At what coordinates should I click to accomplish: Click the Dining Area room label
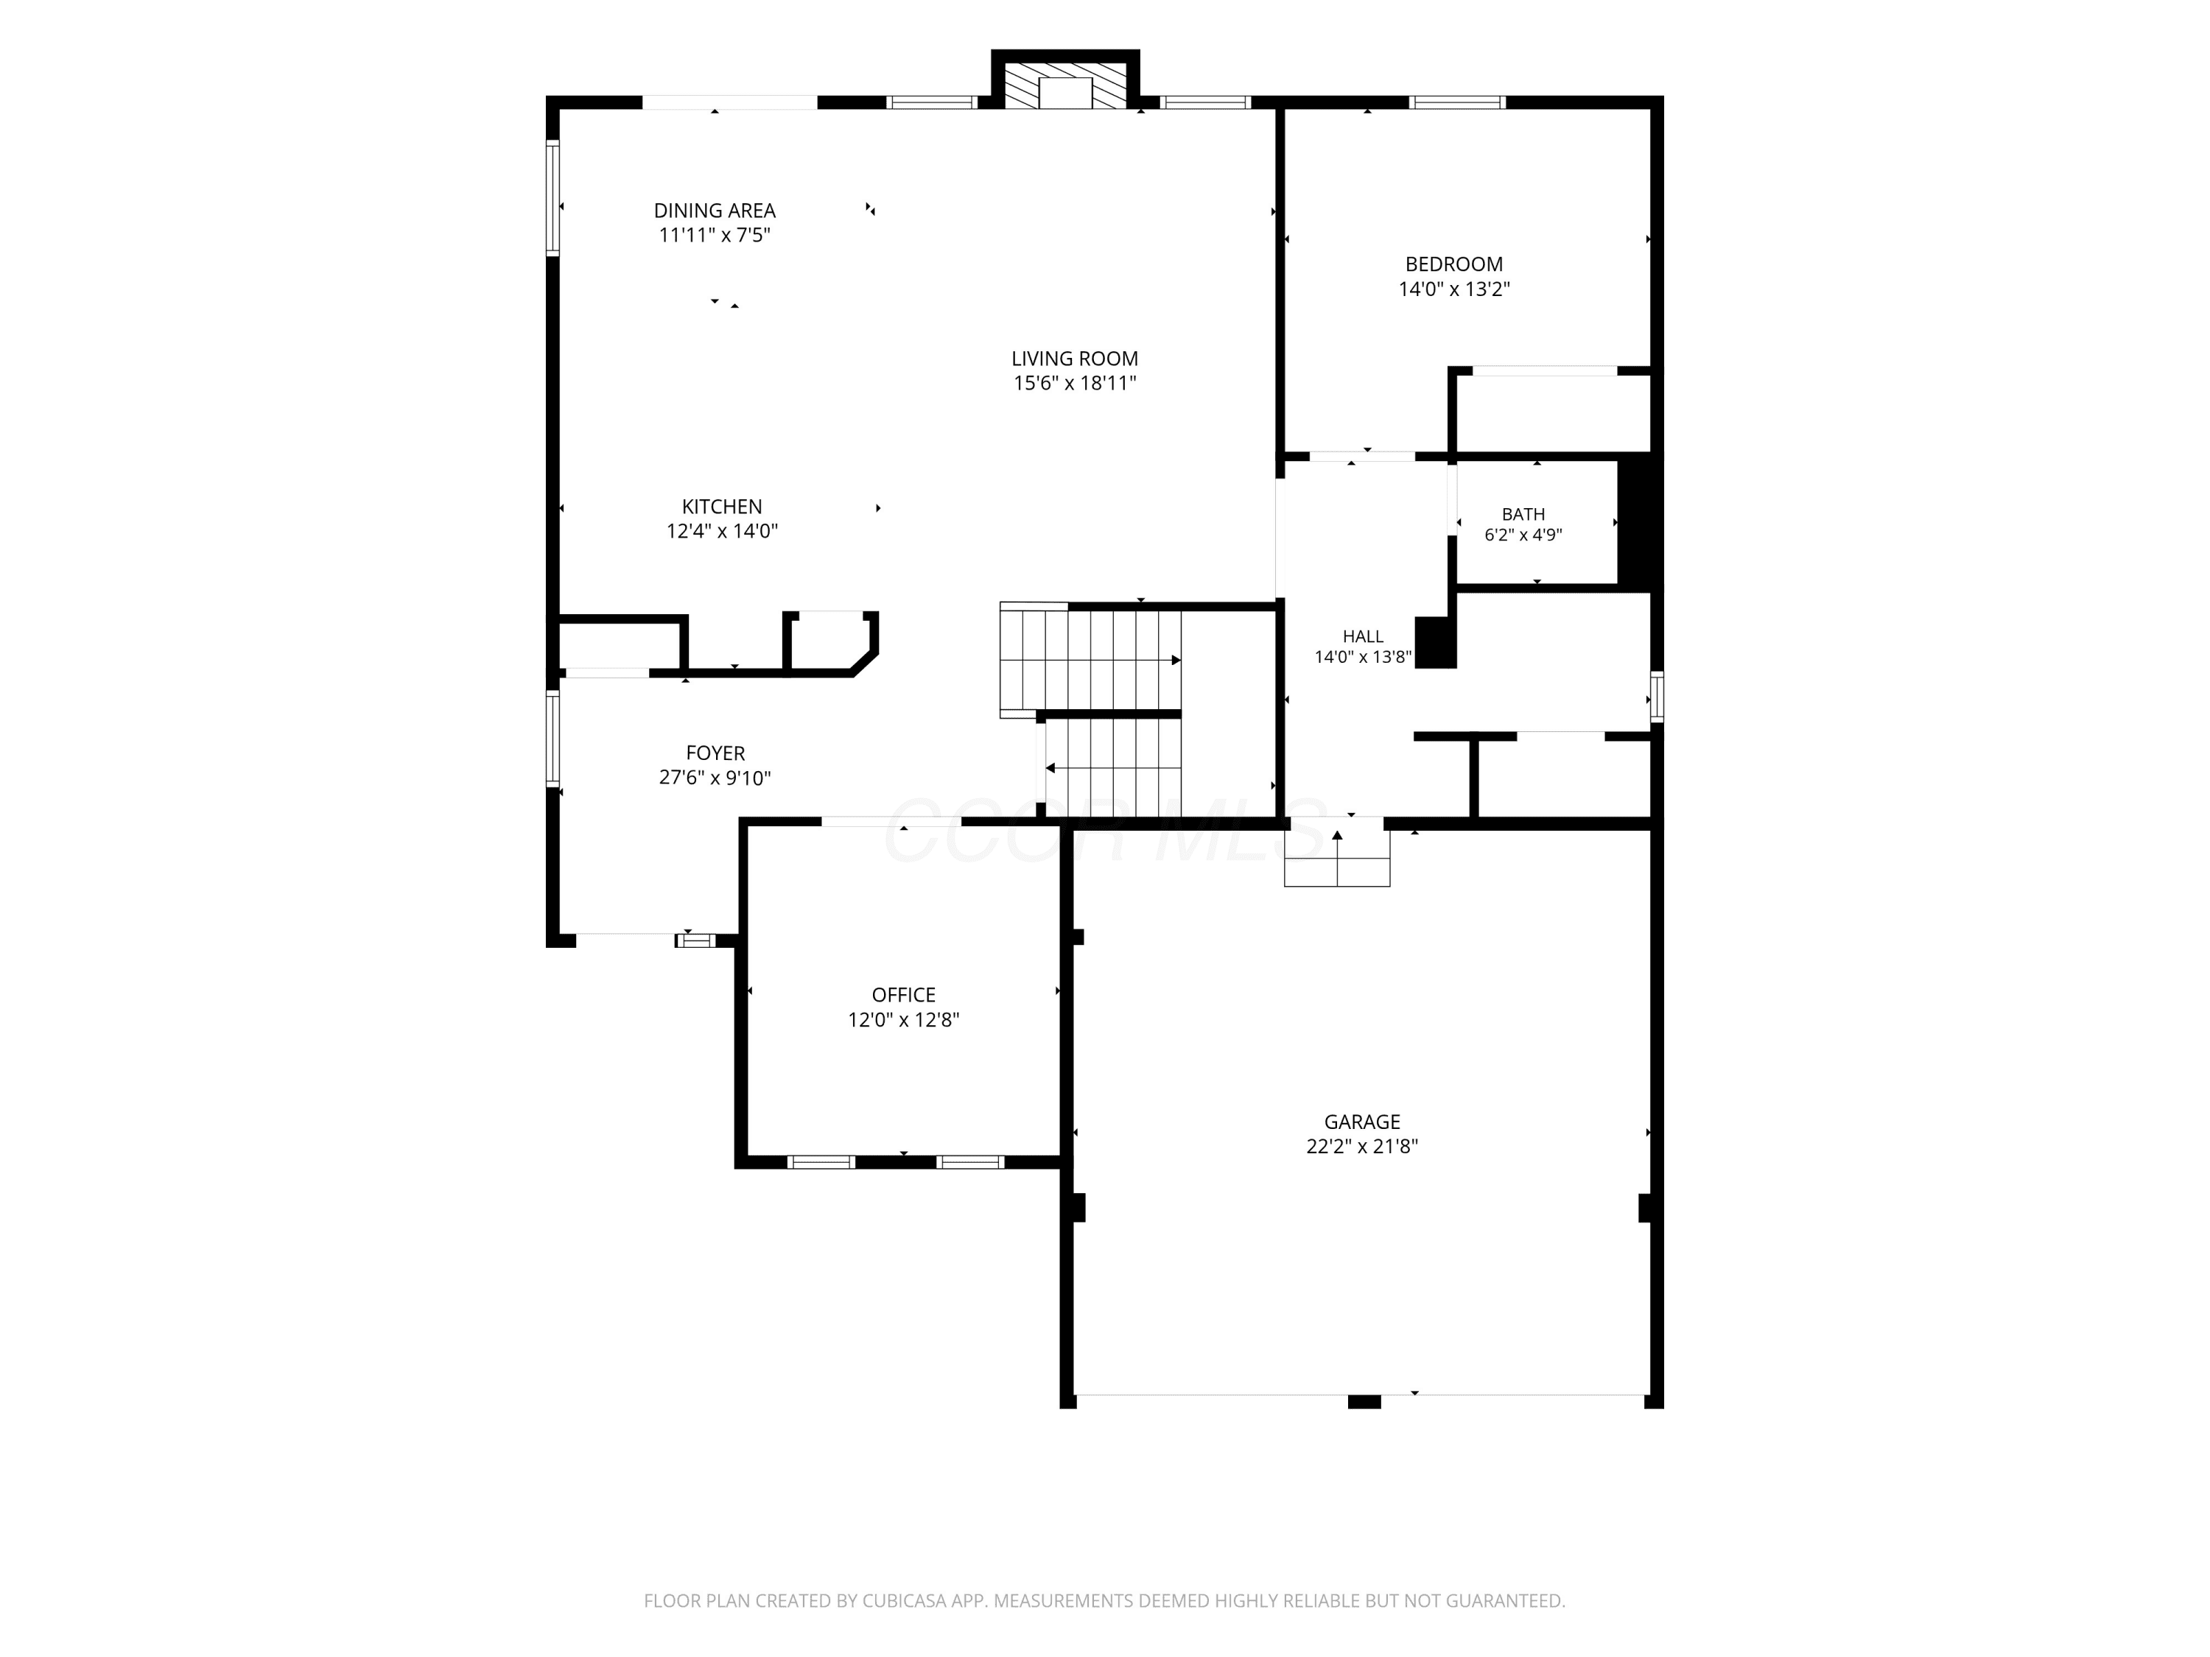point(715,211)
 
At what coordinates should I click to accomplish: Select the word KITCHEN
point(721,507)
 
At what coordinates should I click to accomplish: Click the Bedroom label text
point(1453,264)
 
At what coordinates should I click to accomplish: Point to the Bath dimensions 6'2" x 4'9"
point(1523,535)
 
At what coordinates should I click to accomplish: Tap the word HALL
point(1363,637)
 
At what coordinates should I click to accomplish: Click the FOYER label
point(715,754)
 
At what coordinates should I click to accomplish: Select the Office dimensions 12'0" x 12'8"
point(903,1021)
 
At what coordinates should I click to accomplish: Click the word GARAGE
point(1362,1122)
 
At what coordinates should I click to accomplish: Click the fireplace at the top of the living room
point(1065,80)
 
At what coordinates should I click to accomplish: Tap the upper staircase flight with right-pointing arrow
point(1091,660)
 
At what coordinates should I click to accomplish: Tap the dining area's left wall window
point(552,198)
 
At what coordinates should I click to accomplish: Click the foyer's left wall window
point(552,737)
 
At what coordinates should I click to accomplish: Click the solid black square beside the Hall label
point(1436,642)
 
